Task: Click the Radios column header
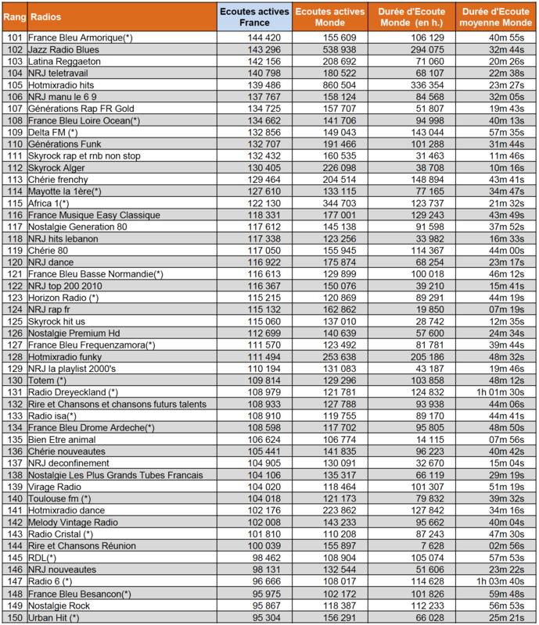(46, 16)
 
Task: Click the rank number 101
(14, 37)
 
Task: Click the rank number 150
(14, 617)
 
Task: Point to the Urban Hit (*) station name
(54, 617)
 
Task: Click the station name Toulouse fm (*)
(59, 498)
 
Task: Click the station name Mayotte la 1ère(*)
(65, 191)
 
